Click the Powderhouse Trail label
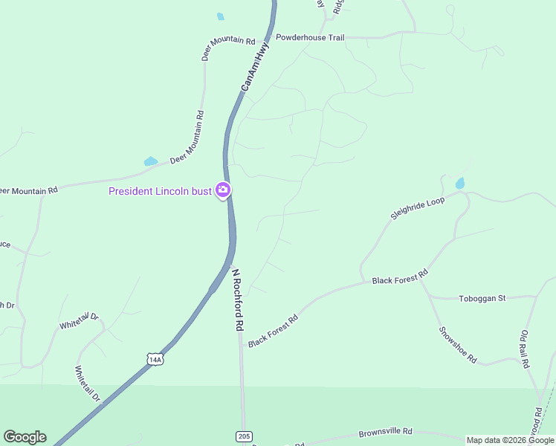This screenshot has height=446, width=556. point(310,36)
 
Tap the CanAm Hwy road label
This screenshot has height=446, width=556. point(254,67)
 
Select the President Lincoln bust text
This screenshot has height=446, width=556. point(160,191)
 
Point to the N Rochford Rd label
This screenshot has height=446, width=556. point(237,299)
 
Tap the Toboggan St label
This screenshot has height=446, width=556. point(481,298)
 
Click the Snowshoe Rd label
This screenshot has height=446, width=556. point(457,344)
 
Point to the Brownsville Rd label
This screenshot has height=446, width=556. point(385,432)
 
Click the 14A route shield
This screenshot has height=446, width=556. point(155,360)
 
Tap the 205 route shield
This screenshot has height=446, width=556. point(244,436)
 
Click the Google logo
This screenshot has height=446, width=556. point(25,437)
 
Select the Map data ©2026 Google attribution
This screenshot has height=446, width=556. point(510,440)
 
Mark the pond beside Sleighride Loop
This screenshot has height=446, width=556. point(460,183)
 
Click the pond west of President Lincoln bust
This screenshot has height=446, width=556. point(151,161)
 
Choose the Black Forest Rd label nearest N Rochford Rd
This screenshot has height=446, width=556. point(273,330)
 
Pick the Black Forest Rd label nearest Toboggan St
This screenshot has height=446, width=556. point(400,277)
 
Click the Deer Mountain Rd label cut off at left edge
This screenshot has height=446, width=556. point(28,190)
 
